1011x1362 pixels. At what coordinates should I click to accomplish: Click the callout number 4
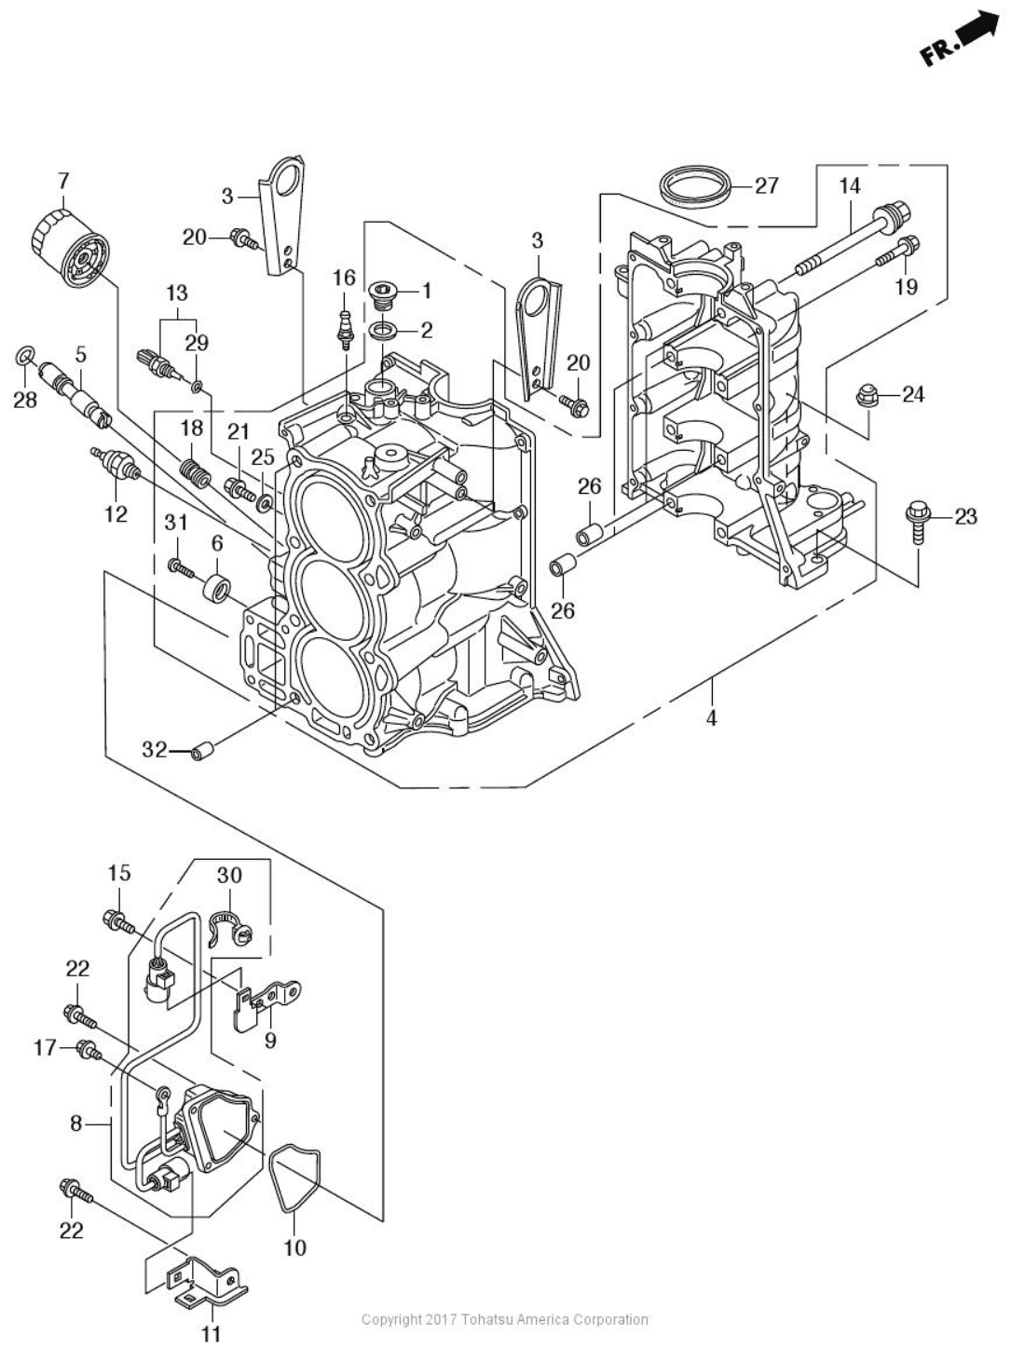point(711,718)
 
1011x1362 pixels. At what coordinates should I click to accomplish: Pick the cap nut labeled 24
point(867,398)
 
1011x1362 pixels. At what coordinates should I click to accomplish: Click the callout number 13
point(176,293)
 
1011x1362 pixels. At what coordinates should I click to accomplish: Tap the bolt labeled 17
point(91,1050)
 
